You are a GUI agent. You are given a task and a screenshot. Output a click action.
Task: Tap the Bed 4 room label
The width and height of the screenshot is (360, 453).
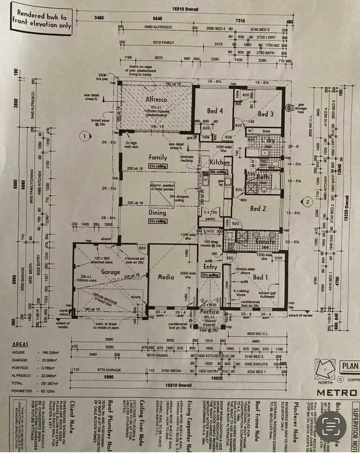[214, 111]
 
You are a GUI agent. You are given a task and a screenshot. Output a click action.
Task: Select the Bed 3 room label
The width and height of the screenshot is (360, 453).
[265, 114]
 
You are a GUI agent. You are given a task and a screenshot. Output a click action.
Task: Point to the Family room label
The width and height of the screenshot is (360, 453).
[158, 157]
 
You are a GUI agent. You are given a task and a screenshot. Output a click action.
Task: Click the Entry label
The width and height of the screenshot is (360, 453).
[210, 266]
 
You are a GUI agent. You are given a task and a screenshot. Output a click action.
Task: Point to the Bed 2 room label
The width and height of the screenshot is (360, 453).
[258, 208]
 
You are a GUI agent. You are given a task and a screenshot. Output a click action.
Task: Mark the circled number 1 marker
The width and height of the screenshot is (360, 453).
[84, 136]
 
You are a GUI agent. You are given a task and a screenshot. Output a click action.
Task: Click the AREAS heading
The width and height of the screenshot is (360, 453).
[20, 344]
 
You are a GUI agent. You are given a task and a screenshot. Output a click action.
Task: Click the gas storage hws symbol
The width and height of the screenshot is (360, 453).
[289, 108]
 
